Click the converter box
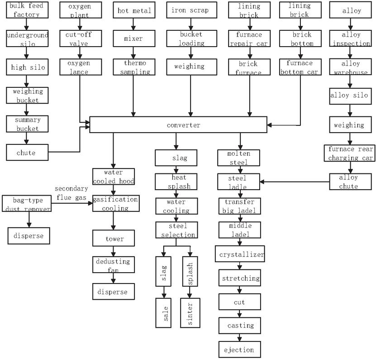coord(183,125)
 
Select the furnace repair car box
coord(250,39)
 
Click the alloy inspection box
coord(351,39)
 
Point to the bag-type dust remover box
coord(26,204)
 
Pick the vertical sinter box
coord(190,312)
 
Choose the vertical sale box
coord(166,312)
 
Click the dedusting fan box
coord(113,265)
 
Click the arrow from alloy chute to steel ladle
coord(294,182)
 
